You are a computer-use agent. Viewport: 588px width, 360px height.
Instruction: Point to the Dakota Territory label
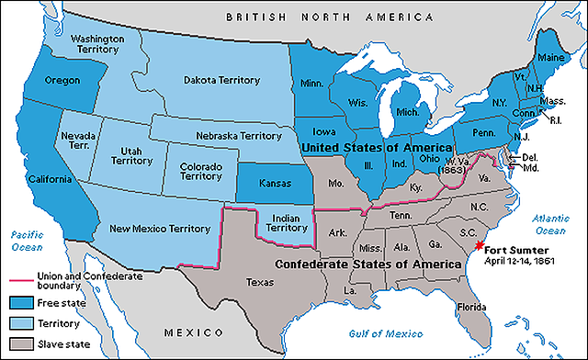pos(220,78)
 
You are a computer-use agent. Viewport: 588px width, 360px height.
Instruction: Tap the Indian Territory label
pos(287,224)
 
